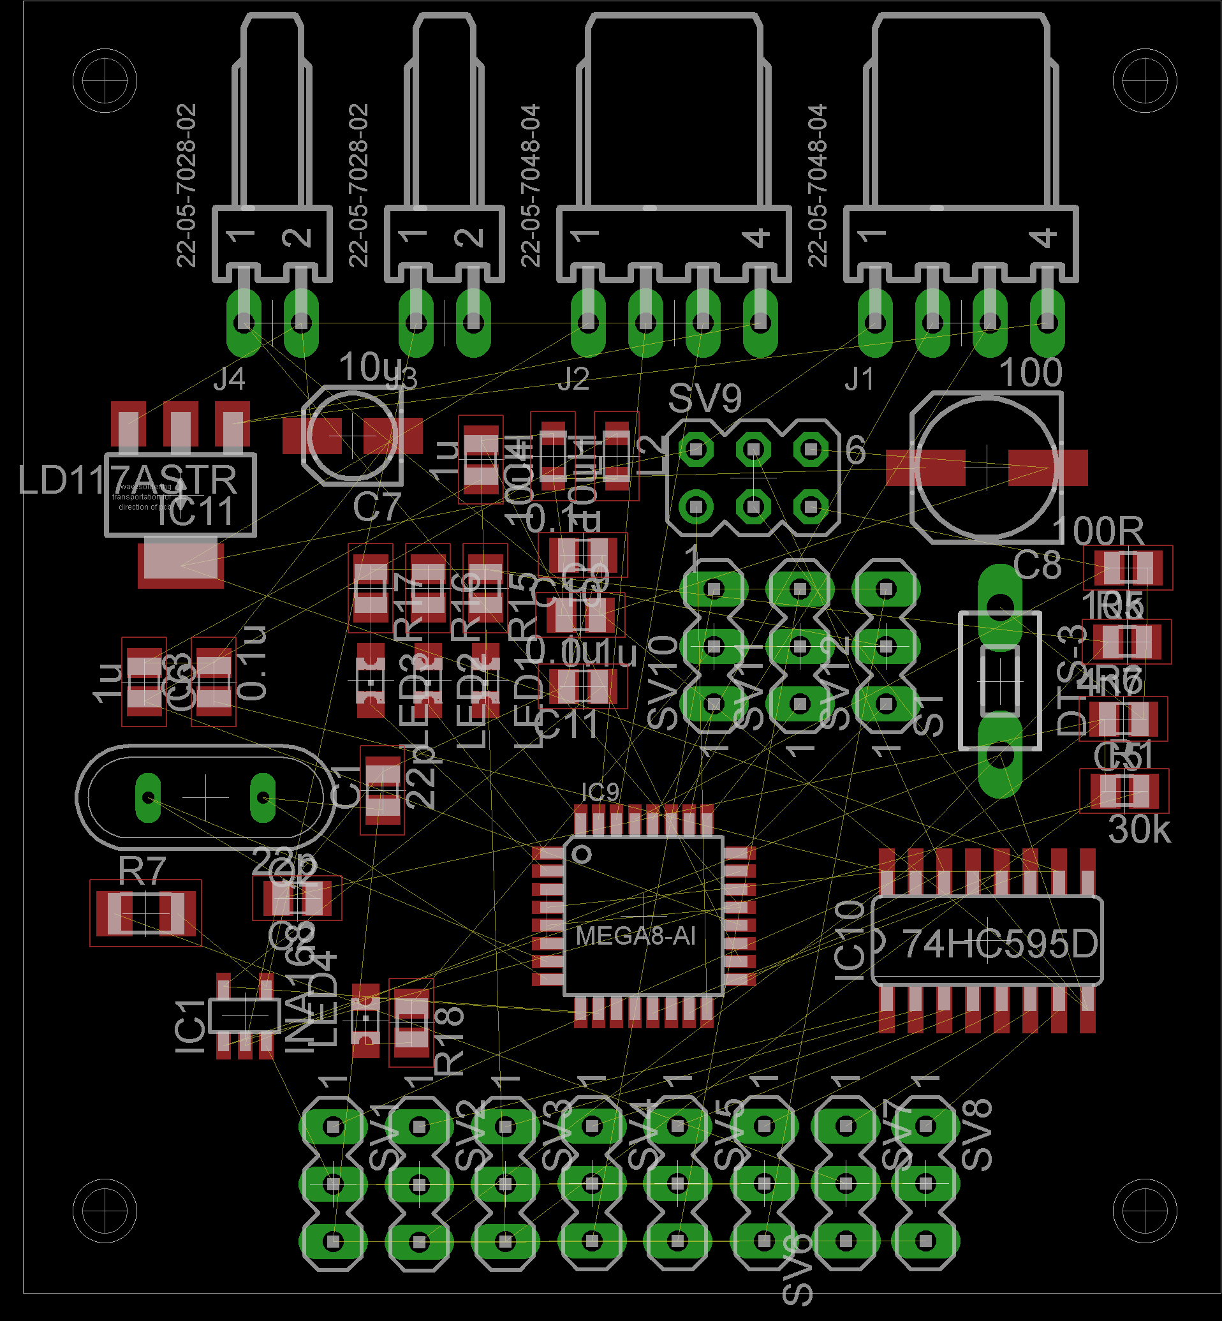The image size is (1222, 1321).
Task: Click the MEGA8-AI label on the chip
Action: click(x=635, y=936)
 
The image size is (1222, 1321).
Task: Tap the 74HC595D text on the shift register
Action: click(x=999, y=943)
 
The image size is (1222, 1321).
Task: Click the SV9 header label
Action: click(x=705, y=398)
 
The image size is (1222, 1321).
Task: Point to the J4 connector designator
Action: click(x=230, y=379)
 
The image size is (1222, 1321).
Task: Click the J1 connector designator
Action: click(x=860, y=379)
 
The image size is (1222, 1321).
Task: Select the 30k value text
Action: click(x=1138, y=830)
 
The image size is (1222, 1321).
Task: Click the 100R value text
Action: click(x=1098, y=530)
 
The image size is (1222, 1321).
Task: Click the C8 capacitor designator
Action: click(x=1037, y=565)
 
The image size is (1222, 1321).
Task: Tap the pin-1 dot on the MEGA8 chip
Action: click(x=582, y=854)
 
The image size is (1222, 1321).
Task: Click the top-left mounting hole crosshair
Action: click(x=105, y=80)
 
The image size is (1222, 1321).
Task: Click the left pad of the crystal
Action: click(x=148, y=798)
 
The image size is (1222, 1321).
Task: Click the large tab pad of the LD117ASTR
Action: click(x=180, y=564)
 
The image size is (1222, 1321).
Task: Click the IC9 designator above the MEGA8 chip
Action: click(x=600, y=792)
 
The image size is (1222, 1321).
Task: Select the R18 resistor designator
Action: click(x=450, y=1042)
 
